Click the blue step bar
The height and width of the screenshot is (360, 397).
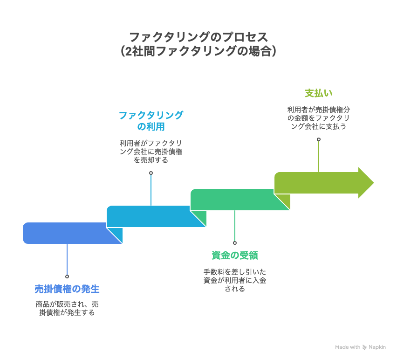pos(65,233)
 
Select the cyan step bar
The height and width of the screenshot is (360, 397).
pos(149,216)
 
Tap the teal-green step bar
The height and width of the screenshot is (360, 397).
pos(233,199)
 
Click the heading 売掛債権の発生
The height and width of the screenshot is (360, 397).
pos(67,289)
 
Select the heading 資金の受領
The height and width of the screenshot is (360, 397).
pos(235,256)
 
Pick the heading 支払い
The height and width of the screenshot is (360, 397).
pos(319,93)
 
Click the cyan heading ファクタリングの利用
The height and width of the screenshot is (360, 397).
pos(151,121)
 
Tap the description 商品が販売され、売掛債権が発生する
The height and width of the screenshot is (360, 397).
pos(67,308)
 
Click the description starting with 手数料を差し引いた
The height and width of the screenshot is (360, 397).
pos(235,280)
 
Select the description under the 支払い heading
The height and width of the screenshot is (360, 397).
pos(319,118)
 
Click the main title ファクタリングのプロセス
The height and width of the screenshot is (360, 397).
pos(198,37)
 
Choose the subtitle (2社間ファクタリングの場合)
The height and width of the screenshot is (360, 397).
pos(198,51)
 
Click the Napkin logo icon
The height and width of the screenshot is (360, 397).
pos(365,347)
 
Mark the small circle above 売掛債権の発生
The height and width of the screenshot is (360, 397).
pos(67,276)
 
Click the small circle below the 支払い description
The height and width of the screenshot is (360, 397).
pos(319,139)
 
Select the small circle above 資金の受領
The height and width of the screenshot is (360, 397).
pos(235,242)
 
